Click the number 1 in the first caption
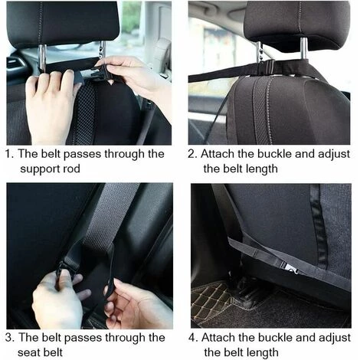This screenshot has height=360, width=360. pyautogui.click(x=8, y=154)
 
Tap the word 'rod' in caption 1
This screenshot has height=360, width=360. pyautogui.click(x=71, y=169)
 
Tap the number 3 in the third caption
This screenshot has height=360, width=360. pyautogui.click(x=9, y=337)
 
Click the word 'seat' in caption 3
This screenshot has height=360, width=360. pyautogui.click(x=28, y=353)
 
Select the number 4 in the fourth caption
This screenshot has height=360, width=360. pyautogui.click(x=192, y=338)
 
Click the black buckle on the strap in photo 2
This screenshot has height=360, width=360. pyautogui.click(x=266, y=67)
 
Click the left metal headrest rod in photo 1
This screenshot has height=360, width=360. pyautogui.click(x=42, y=58)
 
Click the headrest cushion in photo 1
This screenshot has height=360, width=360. pyautogui.click(x=64, y=24)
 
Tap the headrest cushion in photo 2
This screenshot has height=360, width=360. pyautogui.click(x=297, y=25)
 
